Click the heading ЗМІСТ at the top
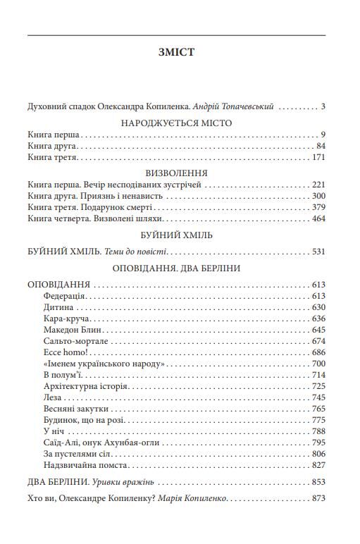pyautogui.click(x=177, y=52)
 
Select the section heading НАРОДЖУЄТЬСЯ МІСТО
pyautogui.click(x=177, y=123)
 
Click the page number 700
pyautogui.click(x=318, y=364)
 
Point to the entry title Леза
pyautogui.click(x=52, y=397)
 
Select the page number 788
pyautogui.click(x=318, y=431)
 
